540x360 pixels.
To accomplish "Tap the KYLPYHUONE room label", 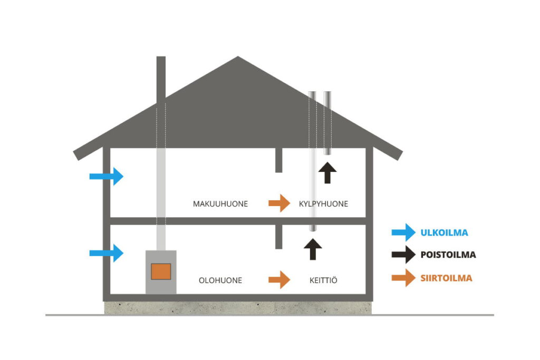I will tap(323, 203).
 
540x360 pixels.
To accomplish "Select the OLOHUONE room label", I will tap(220, 280).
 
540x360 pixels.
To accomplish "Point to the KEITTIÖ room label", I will tap(323, 280).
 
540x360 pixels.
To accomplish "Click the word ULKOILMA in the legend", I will tap(444, 232).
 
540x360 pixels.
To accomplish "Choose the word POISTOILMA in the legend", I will tap(448, 255).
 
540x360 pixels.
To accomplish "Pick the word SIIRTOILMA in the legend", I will tap(446, 278).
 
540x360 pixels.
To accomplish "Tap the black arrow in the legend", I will tap(403, 255).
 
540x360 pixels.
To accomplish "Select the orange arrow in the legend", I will tap(403, 278).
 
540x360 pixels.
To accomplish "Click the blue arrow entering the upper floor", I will tap(106, 176).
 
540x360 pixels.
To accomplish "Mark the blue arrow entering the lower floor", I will tap(106, 253).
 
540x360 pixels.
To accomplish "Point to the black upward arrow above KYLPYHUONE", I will tap(327, 172).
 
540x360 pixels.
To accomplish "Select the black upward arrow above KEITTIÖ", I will tap(313, 249).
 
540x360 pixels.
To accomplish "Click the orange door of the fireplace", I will tap(161, 271).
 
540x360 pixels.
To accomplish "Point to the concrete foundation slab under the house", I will tap(237, 308).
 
